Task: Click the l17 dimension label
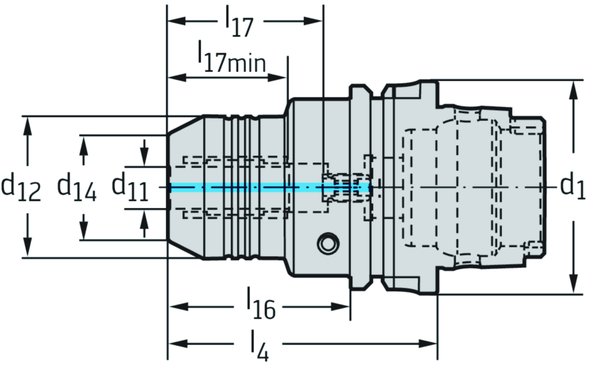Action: point(239,22)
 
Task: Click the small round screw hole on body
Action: point(327,244)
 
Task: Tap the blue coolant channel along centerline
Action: point(245,187)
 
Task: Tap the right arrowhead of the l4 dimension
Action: point(429,342)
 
